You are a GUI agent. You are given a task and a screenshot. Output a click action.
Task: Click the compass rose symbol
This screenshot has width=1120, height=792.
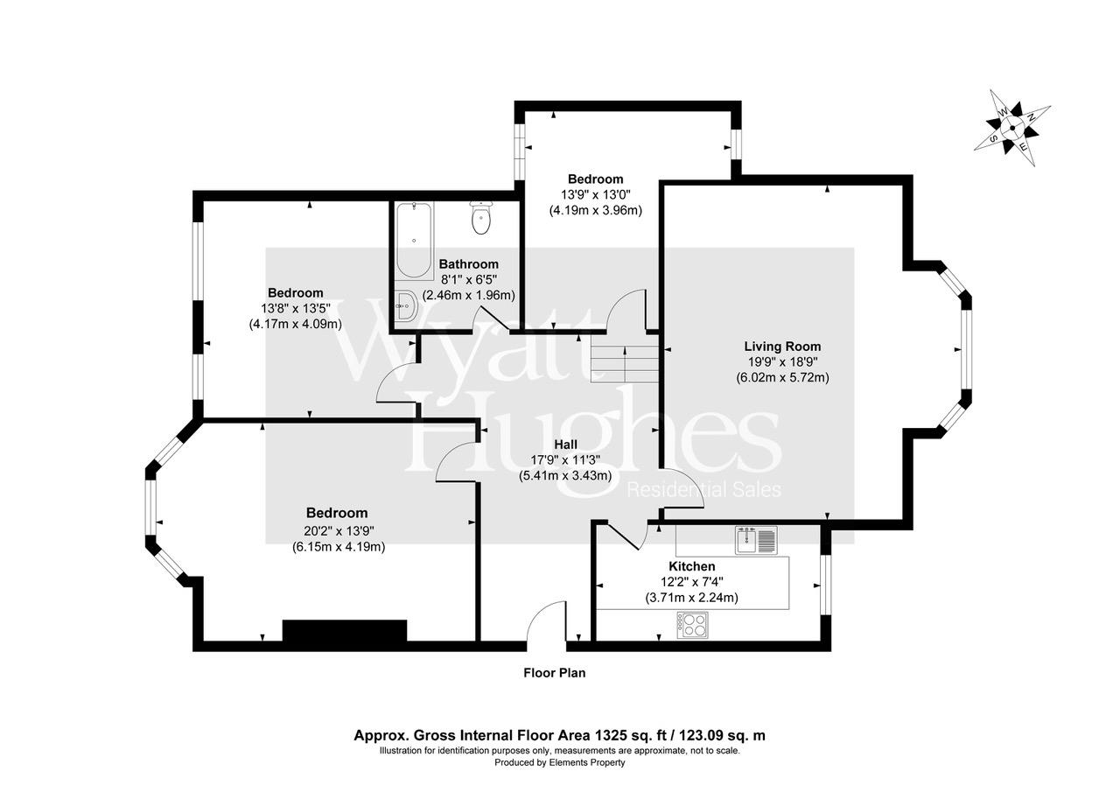(1013, 128)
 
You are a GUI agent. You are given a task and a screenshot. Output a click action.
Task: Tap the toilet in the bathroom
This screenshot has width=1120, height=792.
(481, 218)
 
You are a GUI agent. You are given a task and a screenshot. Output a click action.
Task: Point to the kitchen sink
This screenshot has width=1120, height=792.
(756, 540)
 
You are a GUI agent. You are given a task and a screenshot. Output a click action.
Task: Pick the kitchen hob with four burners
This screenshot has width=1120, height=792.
(692, 625)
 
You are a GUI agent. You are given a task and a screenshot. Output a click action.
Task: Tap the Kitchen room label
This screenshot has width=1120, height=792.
(691, 567)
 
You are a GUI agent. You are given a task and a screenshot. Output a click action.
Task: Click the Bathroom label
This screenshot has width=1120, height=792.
(469, 263)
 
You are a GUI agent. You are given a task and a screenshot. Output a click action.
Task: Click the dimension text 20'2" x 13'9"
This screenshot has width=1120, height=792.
(337, 530)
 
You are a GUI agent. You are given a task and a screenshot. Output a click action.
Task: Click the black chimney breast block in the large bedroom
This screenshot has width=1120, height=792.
(345, 631)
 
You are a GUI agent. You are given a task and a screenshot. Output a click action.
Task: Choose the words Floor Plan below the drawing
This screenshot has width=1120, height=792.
(554, 673)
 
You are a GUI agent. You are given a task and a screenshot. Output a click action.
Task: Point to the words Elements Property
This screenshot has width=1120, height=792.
(587, 762)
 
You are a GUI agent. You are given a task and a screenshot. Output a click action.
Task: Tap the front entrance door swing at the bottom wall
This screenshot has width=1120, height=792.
(548, 626)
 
